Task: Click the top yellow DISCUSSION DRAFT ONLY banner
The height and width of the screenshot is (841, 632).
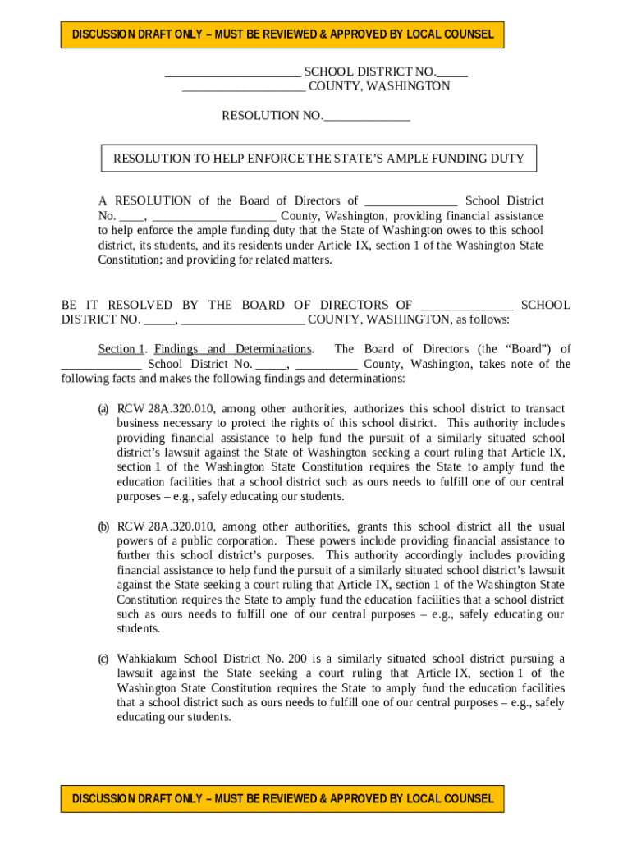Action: pyautogui.click(x=283, y=34)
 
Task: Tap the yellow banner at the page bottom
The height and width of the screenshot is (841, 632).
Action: pyautogui.click(x=283, y=798)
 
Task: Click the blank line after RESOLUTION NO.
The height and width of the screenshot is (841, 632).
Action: pyautogui.click(x=366, y=116)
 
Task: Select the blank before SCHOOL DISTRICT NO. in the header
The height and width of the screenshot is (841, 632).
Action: pyautogui.click(x=232, y=71)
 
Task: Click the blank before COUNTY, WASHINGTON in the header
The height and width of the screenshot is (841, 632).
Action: pyautogui.click(x=243, y=86)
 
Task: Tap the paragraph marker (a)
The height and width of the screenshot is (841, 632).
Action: pyautogui.click(x=103, y=408)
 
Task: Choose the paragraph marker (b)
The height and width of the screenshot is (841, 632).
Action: pyautogui.click(x=103, y=526)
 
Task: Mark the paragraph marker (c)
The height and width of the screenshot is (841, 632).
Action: pyautogui.click(x=103, y=659)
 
